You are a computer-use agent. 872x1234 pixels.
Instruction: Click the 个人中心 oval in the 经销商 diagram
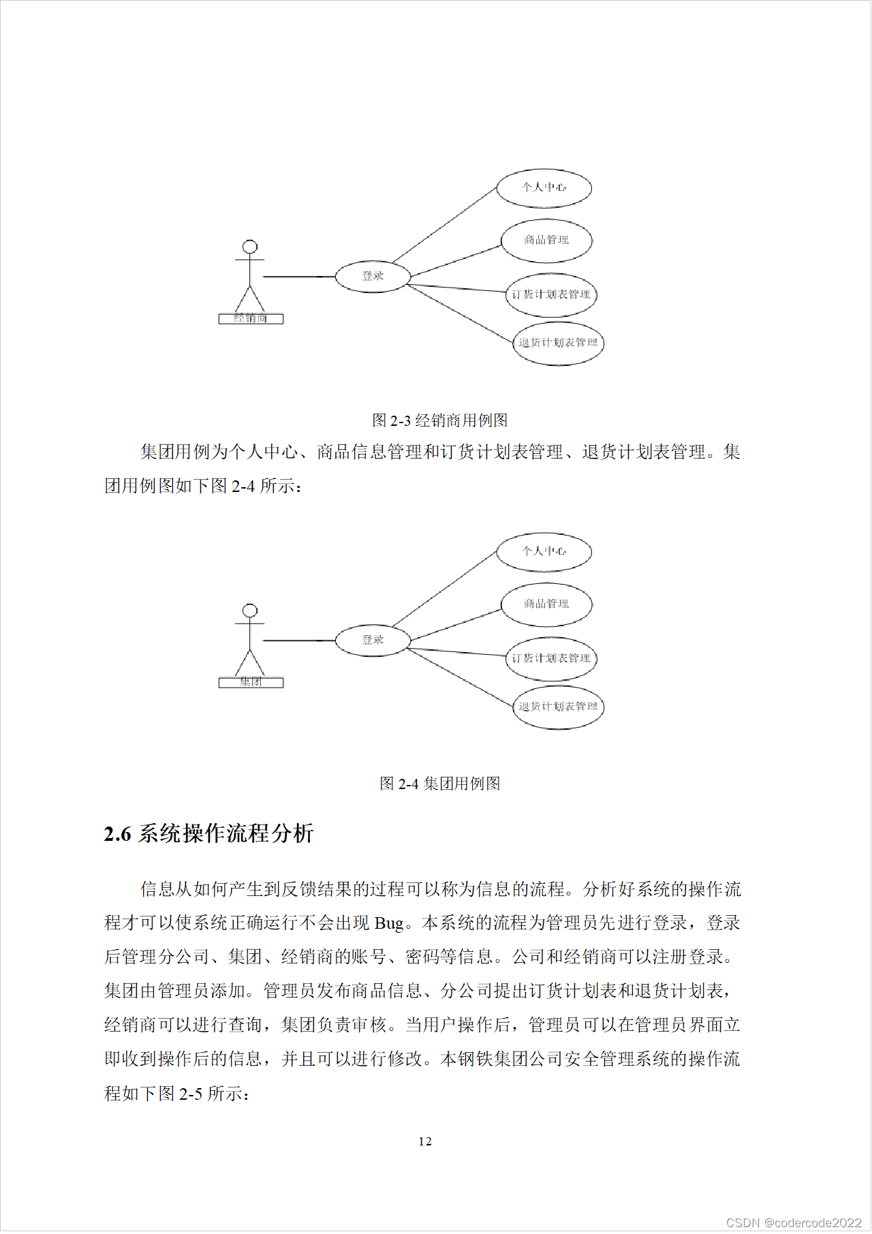click(544, 188)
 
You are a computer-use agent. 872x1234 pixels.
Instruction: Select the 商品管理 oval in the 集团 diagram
click(546, 604)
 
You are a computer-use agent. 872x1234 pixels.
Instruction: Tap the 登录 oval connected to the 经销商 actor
click(373, 276)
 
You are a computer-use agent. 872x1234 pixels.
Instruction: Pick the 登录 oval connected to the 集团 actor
click(373, 640)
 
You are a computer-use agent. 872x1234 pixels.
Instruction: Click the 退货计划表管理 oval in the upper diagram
click(558, 343)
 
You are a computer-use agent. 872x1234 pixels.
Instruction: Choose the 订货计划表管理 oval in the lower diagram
click(551, 658)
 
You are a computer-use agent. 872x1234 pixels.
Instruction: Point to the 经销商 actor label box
click(251, 318)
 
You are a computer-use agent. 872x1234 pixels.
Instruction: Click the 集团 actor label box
click(251, 682)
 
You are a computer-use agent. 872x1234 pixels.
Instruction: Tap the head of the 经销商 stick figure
click(250, 247)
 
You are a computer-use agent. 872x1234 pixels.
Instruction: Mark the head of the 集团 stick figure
click(250, 611)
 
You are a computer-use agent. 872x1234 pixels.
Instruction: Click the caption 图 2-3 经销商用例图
click(439, 420)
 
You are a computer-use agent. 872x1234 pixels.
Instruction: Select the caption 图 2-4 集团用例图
click(439, 784)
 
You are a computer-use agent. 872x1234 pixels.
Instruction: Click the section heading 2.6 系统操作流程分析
click(208, 833)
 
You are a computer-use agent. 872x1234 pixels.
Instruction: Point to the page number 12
click(425, 1141)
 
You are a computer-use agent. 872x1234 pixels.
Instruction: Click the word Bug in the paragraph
click(389, 923)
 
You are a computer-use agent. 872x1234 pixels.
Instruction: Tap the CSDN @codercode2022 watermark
click(794, 1222)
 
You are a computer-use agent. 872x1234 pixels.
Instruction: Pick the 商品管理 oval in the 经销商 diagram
click(546, 241)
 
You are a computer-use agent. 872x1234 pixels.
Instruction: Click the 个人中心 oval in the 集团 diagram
click(544, 552)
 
